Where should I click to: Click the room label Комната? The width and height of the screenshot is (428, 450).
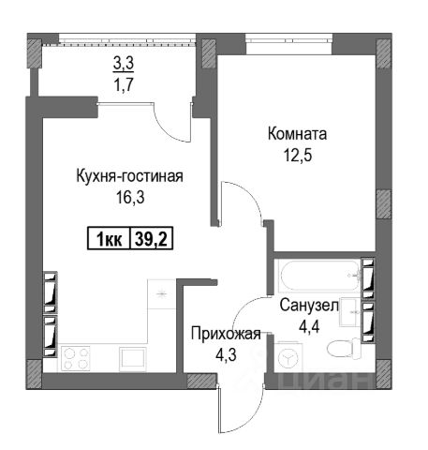coord(297,134)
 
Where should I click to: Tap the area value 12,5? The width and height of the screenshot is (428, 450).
coord(298,155)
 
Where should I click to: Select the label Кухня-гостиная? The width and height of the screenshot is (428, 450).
coord(130,176)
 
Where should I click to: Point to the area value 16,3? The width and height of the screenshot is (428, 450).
coord(130,197)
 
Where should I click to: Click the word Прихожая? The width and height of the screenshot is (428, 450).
coord(226,334)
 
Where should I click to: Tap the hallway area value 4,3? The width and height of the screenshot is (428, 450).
coord(226,354)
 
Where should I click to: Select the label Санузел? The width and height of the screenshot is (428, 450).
coord(309,306)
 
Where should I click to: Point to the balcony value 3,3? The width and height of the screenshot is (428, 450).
coord(124,63)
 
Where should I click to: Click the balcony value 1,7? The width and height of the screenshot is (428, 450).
coord(124,83)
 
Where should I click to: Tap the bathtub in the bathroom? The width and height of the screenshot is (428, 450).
coord(320,276)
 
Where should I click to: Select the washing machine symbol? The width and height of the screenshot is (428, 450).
coord(288,356)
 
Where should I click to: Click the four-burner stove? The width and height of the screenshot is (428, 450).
coord(76,358)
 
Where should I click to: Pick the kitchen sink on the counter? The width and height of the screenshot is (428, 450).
coord(133,359)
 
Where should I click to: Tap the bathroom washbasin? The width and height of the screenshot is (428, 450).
coord(351,312)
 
